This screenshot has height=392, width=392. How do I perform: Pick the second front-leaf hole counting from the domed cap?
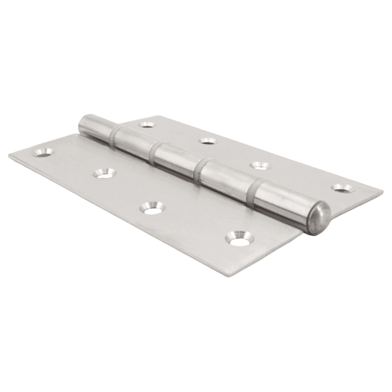(152, 208)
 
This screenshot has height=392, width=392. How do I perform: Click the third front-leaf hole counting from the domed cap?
(104, 173)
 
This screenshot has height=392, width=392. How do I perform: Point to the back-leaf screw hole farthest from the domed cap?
(147, 125)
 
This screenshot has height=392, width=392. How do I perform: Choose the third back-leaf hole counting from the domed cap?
(207, 140)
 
